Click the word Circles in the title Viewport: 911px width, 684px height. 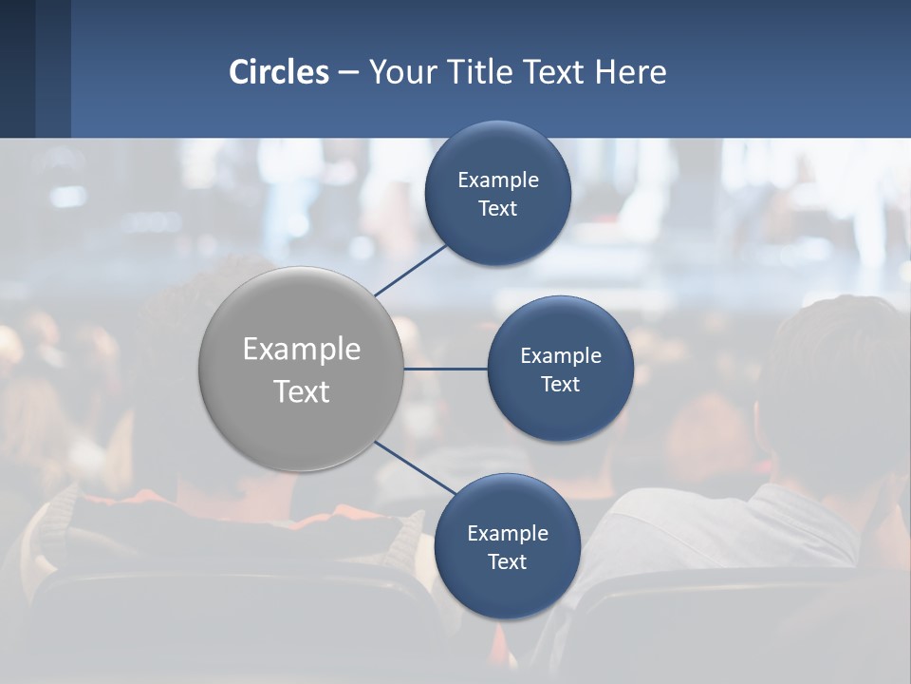click(x=279, y=72)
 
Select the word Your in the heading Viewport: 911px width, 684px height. click(x=400, y=72)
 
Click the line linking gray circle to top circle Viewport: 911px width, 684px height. click(x=411, y=270)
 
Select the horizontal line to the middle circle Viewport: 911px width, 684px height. click(x=445, y=369)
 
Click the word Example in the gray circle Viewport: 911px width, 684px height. click(x=302, y=350)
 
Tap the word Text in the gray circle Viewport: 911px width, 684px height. click(x=302, y=391)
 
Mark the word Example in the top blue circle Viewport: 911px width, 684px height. click(x=498, y=180)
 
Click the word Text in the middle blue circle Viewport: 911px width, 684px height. click(x=561, y=385)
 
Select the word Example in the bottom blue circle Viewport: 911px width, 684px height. click(x=508, y=533)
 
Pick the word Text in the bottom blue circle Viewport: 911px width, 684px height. click(x=508, y=562)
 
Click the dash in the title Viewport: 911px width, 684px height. click(x=348, y=72)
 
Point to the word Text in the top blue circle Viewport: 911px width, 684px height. click(x=498, y=209)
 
